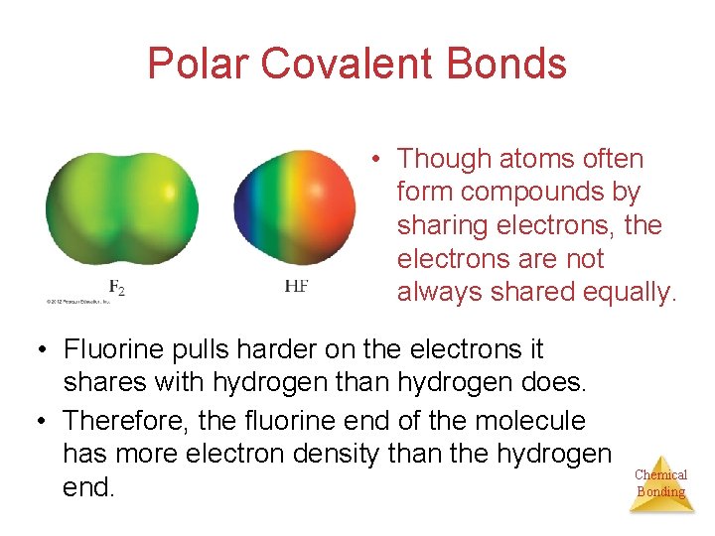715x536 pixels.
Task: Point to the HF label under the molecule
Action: [x=296, y=286]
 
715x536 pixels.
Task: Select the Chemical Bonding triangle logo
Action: [x=660, y=483]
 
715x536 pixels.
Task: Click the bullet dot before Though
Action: [x=378, y=159]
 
